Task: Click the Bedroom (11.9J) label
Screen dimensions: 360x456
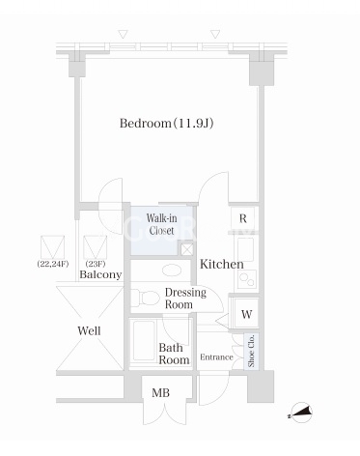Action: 166,124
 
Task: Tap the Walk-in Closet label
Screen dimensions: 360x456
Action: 161,224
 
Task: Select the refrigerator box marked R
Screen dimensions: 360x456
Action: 243,218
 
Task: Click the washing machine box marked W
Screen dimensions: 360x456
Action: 246,314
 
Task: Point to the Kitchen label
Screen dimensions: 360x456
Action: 222,265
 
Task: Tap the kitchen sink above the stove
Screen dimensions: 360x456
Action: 246,249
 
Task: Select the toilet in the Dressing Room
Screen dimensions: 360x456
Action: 145,298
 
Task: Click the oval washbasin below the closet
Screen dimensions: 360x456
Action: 172,271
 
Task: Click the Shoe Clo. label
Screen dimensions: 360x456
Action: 251,351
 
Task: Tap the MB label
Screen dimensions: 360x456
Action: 160,393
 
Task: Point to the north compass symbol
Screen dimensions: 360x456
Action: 301,413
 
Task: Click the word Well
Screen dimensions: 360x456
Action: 89,330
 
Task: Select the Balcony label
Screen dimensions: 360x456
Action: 100,274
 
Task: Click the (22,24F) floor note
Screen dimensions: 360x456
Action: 53,264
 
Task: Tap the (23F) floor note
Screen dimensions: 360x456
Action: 96,264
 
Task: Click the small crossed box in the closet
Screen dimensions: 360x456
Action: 186,249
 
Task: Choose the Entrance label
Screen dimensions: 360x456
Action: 216,357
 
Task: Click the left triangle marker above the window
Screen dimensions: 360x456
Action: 123,34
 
